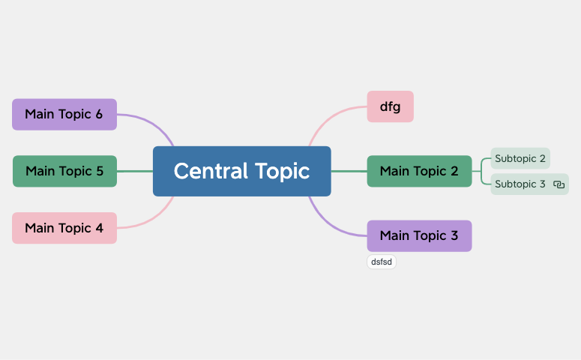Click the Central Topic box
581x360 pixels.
[x=242, y=171]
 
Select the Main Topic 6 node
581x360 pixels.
[x=64, y=114]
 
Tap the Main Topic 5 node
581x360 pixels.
[x=64, y=171]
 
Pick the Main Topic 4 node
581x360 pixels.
[x=64, y=228]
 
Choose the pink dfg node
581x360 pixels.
[x=390, y=106]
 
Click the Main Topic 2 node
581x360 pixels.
[x=420, y=171]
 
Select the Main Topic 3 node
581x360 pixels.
[x=420, y=235]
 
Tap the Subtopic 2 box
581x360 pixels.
[x=520, y=158]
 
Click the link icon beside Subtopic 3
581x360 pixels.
[x=559, y=184]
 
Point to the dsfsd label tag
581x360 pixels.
[x=382, y=262]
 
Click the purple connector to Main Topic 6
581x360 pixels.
[x=150, y=124]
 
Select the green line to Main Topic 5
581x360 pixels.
[x=135, y=171]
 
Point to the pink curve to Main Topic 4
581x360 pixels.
[x=150, y=219]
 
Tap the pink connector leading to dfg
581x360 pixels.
[x=332, y=118]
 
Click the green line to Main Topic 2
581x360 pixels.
[x=349, y=171]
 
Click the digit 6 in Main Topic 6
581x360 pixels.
[x=99, y=114]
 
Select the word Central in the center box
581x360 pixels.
[x=211, y=171]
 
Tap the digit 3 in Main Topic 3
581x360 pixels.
[x=454, y=235]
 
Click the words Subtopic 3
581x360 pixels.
[x=520, y=184]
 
